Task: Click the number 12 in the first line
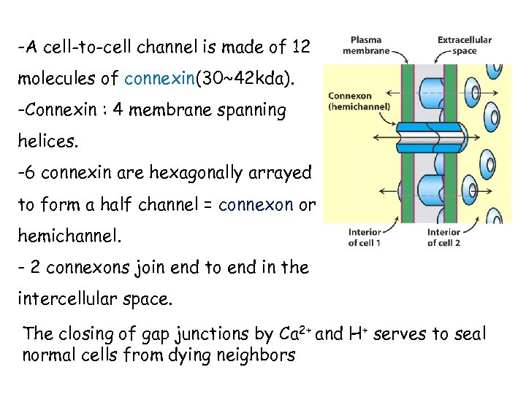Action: click(301, 48)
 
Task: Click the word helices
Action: click(47, 142)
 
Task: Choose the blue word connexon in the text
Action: click(260, 205)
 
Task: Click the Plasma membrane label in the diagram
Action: click(365, 45)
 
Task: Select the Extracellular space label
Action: click(464, 45)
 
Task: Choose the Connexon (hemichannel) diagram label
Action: click(359, 101)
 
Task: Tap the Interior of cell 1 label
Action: click(364, 237)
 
